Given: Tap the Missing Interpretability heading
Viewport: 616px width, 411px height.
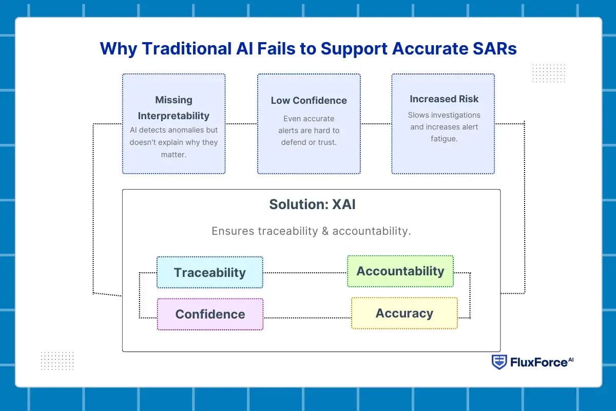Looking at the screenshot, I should point(174,107).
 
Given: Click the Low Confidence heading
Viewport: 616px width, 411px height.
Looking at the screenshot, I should point(309,101).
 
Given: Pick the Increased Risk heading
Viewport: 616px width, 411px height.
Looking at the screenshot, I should point(444,99).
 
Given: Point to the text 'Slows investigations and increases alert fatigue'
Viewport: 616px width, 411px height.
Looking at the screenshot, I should point(444,127).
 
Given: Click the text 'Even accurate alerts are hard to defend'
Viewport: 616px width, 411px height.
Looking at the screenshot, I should point(309,130).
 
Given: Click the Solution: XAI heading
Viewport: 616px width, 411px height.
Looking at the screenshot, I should point(312,204).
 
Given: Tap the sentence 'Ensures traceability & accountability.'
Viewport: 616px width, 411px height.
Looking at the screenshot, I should point(311,231).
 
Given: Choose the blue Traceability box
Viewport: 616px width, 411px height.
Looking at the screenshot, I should point(209,272).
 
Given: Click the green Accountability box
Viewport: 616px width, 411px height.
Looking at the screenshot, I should point(400,271).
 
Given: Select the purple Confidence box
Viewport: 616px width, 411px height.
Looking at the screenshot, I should point(210,314).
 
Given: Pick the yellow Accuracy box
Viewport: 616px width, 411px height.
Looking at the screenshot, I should point(404,313).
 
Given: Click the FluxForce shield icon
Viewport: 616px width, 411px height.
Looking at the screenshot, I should point(498,362).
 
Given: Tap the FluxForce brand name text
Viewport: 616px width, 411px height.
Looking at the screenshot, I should point(539,363).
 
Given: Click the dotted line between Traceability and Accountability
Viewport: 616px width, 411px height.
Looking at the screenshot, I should point(305,273).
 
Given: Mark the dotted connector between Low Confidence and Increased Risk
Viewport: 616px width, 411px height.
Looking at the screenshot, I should point(376,124).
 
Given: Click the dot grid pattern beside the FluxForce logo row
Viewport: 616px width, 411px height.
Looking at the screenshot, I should point(57,361).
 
